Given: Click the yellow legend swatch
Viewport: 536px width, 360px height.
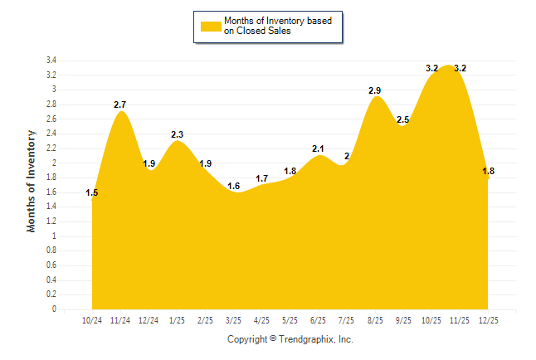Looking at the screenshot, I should (211, 26).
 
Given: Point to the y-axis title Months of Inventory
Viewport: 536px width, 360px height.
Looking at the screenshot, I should (32, 181).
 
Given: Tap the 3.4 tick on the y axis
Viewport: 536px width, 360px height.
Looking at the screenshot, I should (51, 61).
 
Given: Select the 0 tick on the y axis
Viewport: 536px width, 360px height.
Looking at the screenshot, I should (53, 309).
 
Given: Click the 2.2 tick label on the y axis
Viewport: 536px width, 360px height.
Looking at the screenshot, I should (51, 148).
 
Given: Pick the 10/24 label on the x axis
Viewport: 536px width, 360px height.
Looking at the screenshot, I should (92, 320).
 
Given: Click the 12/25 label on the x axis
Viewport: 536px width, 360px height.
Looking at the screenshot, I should (488, 320).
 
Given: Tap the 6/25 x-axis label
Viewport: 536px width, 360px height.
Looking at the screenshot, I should (319, 320).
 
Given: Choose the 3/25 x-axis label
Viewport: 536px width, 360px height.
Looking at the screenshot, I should (233, 320).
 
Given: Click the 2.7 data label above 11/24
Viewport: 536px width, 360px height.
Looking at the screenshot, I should (120, 105).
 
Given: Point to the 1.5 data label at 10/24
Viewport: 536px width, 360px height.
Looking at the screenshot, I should (92, 193).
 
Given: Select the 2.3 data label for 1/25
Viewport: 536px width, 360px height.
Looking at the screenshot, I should (177, 134).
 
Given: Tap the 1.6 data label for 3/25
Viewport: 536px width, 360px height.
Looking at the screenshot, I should (233, 186).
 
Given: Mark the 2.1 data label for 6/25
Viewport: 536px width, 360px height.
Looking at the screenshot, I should (319, 148).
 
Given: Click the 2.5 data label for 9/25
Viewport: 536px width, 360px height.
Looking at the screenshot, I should (403, 119).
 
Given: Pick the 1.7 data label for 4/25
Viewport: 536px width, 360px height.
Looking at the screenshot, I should (262, 178).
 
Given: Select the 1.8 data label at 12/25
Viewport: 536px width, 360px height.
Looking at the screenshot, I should (488, 171).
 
